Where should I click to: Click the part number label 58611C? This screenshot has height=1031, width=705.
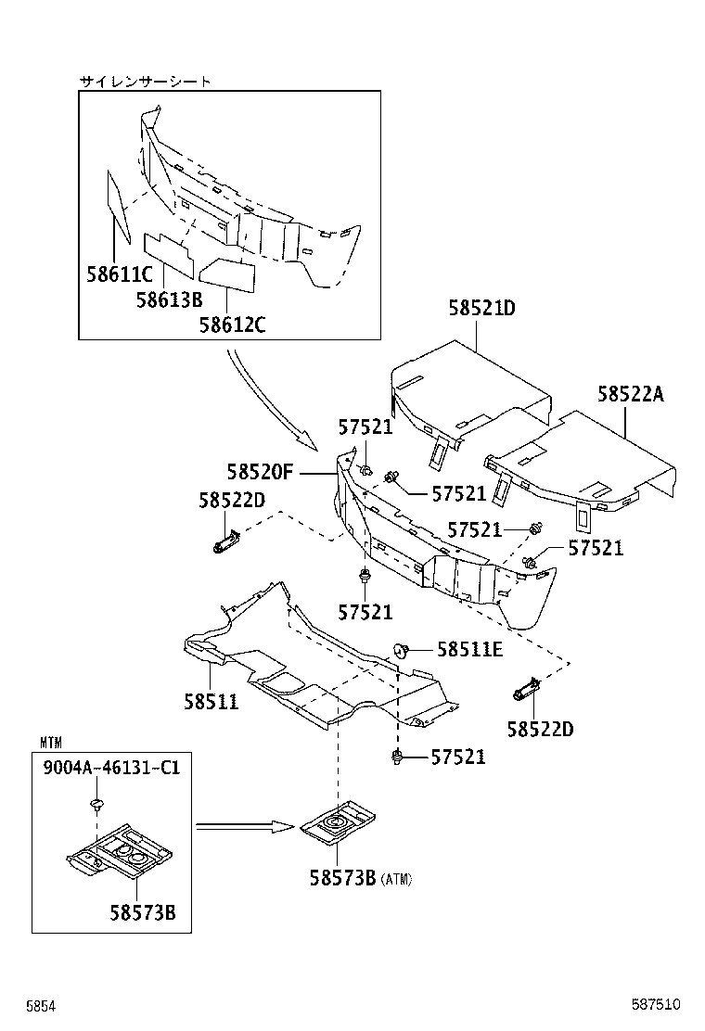(119, 275)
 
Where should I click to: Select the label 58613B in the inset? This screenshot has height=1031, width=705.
(169, 299)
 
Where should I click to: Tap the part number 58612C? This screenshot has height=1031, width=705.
(232, 324)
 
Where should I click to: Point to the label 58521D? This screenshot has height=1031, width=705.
(481, 308)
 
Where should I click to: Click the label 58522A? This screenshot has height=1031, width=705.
(631, 394)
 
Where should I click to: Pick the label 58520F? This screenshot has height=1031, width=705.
(260, 472)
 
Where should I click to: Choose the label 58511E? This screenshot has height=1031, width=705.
(469, 650)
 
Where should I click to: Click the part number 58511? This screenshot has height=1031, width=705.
(211, 702)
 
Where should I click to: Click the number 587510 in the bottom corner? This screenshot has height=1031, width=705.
(657, 1005)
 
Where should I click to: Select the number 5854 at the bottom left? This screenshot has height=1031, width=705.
(42, 1005)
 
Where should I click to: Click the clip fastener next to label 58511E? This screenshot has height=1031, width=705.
(403, 650)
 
